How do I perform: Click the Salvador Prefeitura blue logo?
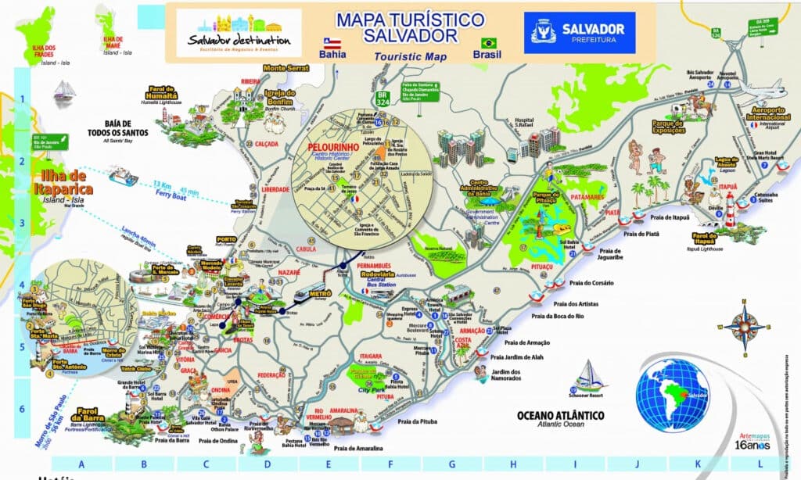click(x=579, y=33)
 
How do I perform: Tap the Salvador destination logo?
click(x=239, y=33)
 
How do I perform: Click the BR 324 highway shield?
click(x=381, y=119)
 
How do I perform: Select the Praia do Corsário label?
click(x=592, y=283)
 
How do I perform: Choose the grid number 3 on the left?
click(x=23, y=221)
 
